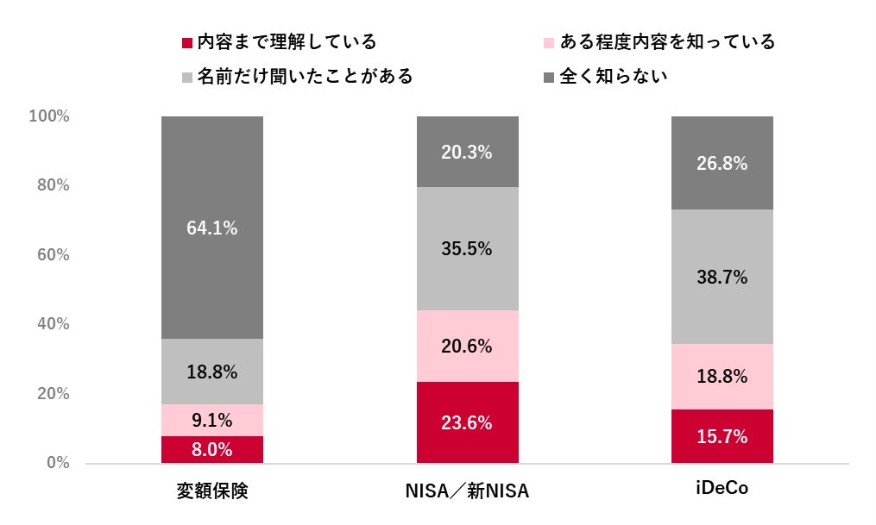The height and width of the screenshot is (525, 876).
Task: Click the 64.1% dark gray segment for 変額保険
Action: pos(212,228)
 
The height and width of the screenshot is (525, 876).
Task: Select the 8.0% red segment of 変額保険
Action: pos(212,449)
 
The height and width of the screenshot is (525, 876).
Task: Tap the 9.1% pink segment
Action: pos(212,421)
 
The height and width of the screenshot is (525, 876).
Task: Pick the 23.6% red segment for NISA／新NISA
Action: pos(467,422)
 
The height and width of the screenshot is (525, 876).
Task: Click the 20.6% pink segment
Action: pos(467,347)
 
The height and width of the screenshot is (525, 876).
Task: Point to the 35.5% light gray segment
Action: pos(467,249)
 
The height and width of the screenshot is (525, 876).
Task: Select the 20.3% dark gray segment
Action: pos(467,152)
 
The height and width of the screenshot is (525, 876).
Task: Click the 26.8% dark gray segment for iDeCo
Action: pos(722,163)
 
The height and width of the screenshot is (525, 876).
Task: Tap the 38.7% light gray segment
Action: pos(722,277)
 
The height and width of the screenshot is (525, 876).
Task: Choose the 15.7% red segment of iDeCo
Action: pos(722,436)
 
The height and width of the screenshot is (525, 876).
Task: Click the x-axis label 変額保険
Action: pos(212,491)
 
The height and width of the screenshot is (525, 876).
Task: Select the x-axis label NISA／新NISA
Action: pos(467,491)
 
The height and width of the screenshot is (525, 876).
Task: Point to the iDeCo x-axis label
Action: pos(722,490)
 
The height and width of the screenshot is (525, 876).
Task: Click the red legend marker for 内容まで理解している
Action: pos(186,42)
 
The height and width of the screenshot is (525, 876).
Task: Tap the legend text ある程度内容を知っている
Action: pos(667,41)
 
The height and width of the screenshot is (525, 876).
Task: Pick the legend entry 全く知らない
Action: pos(614,76)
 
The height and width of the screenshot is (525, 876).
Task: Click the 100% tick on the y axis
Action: pos(49,116)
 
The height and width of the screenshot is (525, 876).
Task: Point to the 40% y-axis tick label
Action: pos(53,324)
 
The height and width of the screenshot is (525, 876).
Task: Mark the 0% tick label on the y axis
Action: pos(58,463)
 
